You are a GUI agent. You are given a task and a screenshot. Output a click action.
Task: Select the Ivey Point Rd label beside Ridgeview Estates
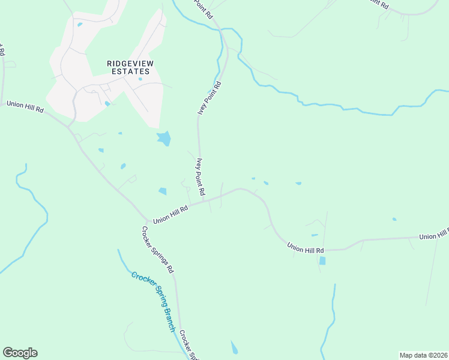point(210,98)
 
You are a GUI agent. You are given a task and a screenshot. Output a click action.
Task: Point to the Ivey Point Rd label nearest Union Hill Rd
point(200,177)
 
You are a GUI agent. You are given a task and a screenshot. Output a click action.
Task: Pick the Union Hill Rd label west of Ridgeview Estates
point(25,107)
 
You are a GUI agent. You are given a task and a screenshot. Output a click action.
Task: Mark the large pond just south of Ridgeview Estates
point(163,139)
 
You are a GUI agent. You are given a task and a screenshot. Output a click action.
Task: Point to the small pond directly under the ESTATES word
point(140,79)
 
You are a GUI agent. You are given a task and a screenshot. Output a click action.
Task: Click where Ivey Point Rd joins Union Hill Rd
point(204,200)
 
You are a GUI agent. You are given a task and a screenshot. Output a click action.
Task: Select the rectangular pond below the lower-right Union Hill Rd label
point(322,261)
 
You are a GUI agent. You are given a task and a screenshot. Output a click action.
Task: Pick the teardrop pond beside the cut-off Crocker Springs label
point(234,347)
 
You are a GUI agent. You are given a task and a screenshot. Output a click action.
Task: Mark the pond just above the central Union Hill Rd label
point(162,191)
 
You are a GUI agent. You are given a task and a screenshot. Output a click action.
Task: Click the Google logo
point(20,352)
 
